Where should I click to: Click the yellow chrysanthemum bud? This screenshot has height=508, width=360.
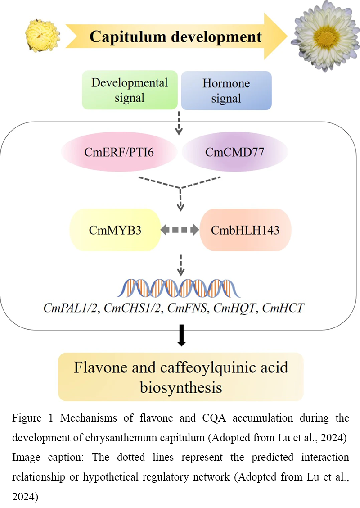(x=43, y=36)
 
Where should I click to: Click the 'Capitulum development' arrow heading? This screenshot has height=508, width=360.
(x=175, y=36)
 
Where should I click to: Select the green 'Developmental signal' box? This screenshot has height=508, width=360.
(x=130, y=90)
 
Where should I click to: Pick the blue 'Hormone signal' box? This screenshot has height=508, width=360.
(x=226, y=91)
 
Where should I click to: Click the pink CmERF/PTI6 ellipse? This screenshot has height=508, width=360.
(x=119, y=152)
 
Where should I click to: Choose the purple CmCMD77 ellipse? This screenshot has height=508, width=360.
(x=235, y=152)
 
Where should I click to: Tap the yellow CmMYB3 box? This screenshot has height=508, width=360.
(x=115, y=230)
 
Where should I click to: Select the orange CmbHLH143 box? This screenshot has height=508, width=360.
(x=245, y=230)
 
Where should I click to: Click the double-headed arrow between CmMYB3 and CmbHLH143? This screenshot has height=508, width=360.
(x=180, y=230)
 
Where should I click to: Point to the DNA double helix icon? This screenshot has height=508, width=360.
(x=179, y=288)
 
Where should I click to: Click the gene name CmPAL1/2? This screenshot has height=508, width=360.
(x=71, y=308)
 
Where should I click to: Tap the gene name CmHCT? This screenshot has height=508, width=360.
(x=283, y=308)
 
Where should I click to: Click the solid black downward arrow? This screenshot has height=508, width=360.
(x=181, y=336)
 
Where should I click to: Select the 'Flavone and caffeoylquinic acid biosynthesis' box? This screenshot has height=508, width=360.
(x=181, y=377)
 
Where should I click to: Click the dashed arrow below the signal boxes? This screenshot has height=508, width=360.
(x=179, y=123)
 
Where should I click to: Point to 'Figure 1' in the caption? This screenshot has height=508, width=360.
(x=32, y=418)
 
